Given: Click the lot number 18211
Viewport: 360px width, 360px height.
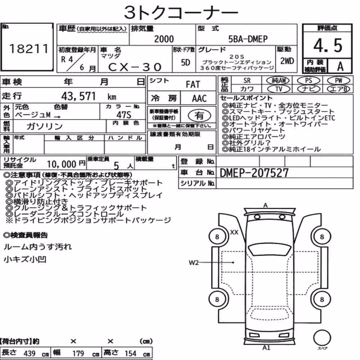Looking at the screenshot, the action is [x=29, y=49].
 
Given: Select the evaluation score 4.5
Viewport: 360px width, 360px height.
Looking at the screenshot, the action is [x=328, y=45].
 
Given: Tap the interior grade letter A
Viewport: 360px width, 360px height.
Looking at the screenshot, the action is [x=340, y=66].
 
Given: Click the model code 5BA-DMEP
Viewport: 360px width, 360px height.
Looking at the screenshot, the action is [x=248, y=39].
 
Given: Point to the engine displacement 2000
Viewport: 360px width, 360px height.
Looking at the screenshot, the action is [x=164, y=39].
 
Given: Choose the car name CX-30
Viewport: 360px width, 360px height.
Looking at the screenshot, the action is [x=135, y=67].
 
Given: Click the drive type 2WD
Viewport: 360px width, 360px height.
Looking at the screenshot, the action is [x=287, y=61].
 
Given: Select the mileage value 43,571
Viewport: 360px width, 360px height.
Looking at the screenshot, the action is [x=78, y=96].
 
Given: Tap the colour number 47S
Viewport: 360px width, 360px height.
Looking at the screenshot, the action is [x=124, y=114].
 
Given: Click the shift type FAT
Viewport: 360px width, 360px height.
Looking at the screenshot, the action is [x=193, y=85].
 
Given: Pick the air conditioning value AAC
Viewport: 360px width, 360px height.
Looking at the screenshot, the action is [x=199, y=99].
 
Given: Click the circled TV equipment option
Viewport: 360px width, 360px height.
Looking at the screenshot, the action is [x=279, y=89].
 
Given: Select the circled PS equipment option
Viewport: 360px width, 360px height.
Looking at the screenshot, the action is [x=309, y=81].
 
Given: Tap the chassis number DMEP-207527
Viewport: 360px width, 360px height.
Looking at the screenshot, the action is [x=254, y=173].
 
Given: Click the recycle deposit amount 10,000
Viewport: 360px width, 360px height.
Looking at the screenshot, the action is [x=61, y=164].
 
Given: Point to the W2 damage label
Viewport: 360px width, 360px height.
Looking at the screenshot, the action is [x=194, y=262].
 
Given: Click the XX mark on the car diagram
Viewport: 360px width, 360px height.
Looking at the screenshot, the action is [x=234, y=232].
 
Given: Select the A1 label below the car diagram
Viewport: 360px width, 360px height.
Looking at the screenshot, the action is [x=266, y=348].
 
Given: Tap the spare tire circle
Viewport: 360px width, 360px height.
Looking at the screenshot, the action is [x=322, y=338].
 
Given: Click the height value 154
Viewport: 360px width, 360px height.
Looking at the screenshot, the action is [x=130, y=354].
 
